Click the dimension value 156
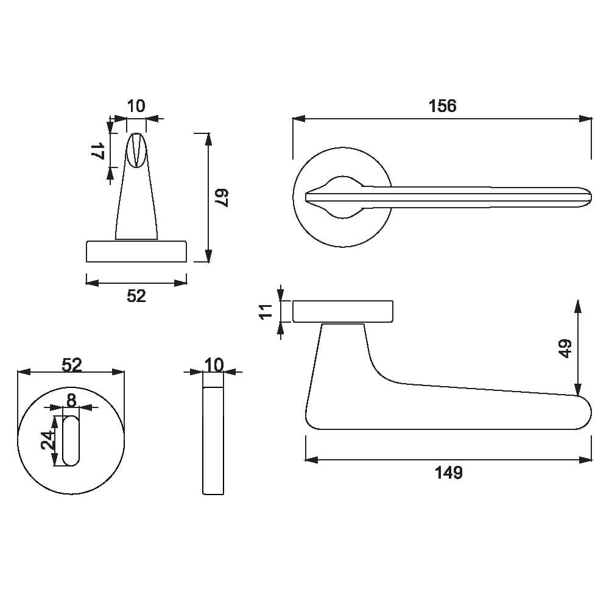[442, 106]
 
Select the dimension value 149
[449, 472]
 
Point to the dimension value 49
[565, 348]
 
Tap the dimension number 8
[71, 400]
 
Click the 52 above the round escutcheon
[71, 365]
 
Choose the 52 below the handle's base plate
[136, 296]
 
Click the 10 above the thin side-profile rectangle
[213, 365]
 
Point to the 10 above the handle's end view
[136, 106]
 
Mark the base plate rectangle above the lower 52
[136, 252]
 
